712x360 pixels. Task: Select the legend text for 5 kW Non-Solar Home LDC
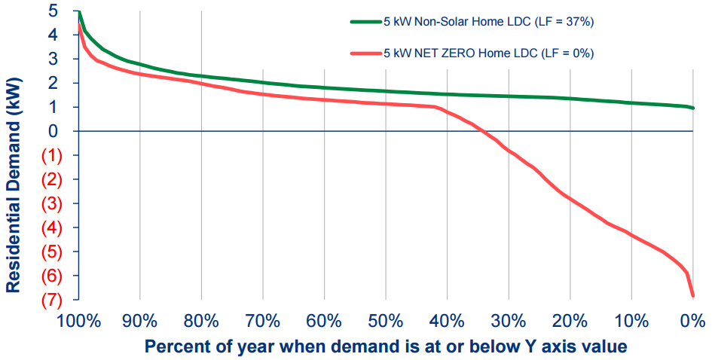click(x=489, y=22)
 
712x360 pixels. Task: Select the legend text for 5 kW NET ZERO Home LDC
click(x=488, y=53)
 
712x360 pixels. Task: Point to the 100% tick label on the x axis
click(x=78, y=322)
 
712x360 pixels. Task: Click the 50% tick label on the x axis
click(x=385, y=322)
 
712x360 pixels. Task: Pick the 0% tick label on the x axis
click(x=692, y=322)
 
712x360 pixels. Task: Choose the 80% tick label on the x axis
click(x=201, y=322)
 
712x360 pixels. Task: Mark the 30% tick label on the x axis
click(x=508, y=322)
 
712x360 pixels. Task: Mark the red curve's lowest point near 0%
click(x=692, y=296)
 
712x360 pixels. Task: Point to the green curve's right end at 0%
click(x=692, y=108)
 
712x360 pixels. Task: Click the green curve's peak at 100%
click(x=79, y=12)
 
